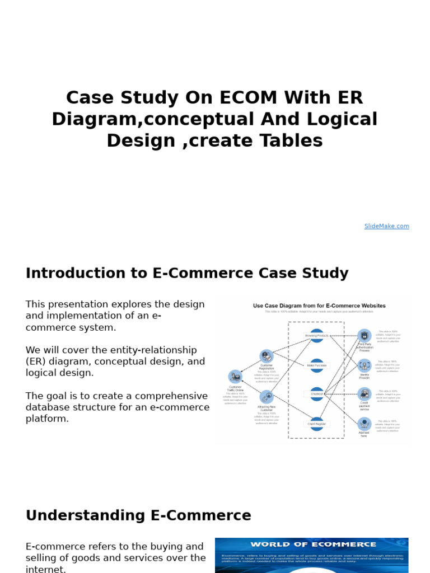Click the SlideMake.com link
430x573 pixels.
(x=386, y=226)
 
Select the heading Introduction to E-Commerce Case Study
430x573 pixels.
(x=187, y=274)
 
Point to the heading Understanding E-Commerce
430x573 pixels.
(x=138, y=515)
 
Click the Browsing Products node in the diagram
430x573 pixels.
(x=316, y=336)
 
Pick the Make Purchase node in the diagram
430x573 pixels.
(x=316, y=365)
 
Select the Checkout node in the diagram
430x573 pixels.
(x=316, y=394)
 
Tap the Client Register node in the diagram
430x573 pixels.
(x=316, y=424)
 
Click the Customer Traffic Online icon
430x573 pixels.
(x=235, y=377)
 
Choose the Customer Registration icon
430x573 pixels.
(x=266, y=356)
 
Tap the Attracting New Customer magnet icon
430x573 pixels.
(x=266, y=397)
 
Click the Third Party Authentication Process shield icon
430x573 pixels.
(x=364, y=336)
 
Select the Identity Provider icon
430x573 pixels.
(x=364, y=365)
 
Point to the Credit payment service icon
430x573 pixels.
(x=364, y=394)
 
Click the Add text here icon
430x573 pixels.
(x=364, y=424)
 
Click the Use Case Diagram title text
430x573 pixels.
(x=319, y=306)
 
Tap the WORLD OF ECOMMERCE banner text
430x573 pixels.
(x=313, y=544)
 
